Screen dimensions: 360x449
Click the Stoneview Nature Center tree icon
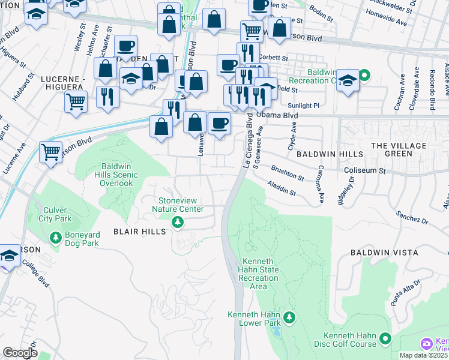(x=177, y=223)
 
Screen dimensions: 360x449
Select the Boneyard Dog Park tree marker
(x=56, y=238)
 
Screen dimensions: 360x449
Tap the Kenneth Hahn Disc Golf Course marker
(x=385, y=339)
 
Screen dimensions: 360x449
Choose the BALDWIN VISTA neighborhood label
(x=384, y=253)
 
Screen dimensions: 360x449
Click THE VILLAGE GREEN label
(x=399, y=149)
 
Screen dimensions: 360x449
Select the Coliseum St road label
(x=364, y=170)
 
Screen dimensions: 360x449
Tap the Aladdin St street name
(x=282, y=190)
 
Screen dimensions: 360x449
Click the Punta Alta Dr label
(x=408, y=293)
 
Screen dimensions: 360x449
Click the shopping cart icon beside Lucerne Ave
(x=51, y=152)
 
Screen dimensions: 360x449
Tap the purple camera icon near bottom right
(x=427, y=344)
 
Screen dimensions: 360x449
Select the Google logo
(x=20, y=353)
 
